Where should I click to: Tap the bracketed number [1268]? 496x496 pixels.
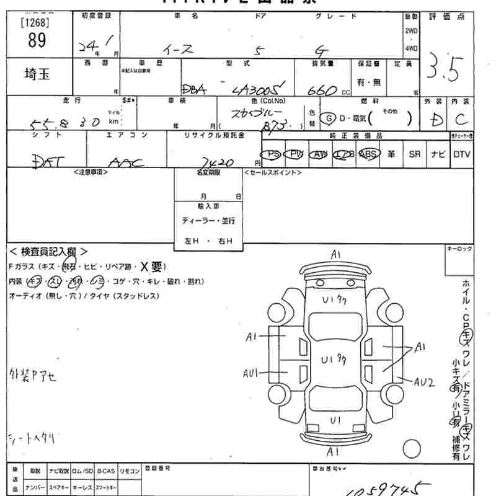[36, 23]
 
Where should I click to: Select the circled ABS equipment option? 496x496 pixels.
[369, 154]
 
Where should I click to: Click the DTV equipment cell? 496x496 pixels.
[462, 154]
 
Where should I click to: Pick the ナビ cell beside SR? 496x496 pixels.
[438, 154]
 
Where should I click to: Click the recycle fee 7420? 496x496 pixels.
[217, 162]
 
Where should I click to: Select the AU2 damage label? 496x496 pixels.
[423, 382]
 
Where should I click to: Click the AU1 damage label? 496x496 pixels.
[250, 373]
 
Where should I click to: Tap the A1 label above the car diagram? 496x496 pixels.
[335, 254]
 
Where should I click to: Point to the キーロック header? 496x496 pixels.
[459, 249]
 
